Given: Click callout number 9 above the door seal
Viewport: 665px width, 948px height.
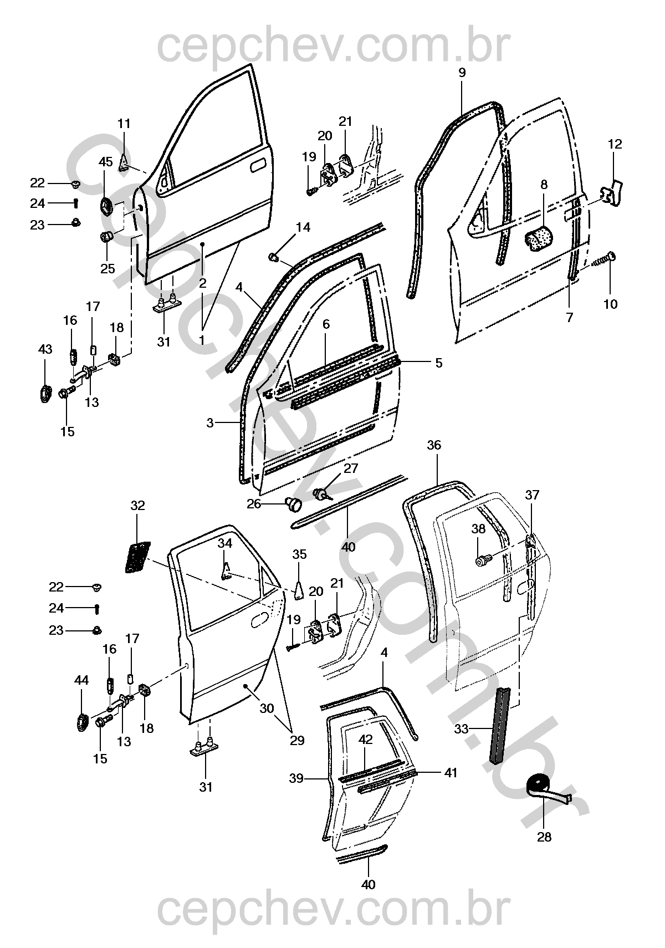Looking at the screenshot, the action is pos(462,73).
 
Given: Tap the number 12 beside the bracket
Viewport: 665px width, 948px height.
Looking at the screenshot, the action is pos(615,144).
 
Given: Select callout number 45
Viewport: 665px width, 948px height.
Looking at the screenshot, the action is pos(106,162).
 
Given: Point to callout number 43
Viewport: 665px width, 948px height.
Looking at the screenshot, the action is pos(45,349).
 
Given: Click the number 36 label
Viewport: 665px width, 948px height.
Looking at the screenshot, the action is pos(434,445).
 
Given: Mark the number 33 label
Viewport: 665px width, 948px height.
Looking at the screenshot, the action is pos(462,729).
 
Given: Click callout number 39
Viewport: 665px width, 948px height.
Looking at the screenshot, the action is pos(296,778).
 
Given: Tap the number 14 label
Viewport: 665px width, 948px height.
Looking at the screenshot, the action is pos(303,227).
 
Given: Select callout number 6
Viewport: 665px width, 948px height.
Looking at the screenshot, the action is pos(326,324).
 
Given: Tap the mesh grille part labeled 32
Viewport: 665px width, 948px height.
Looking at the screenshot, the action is pos(137,557).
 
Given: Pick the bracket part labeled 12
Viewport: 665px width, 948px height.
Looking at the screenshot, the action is pos(612,193).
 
